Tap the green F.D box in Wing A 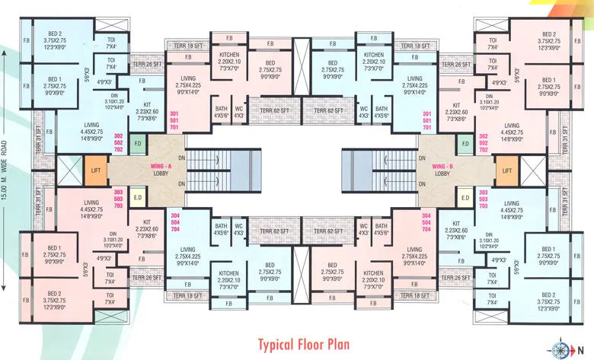point(138,142)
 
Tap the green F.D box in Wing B point(464,142)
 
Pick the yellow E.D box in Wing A point(138,199)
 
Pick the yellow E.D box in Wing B point(464,199)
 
